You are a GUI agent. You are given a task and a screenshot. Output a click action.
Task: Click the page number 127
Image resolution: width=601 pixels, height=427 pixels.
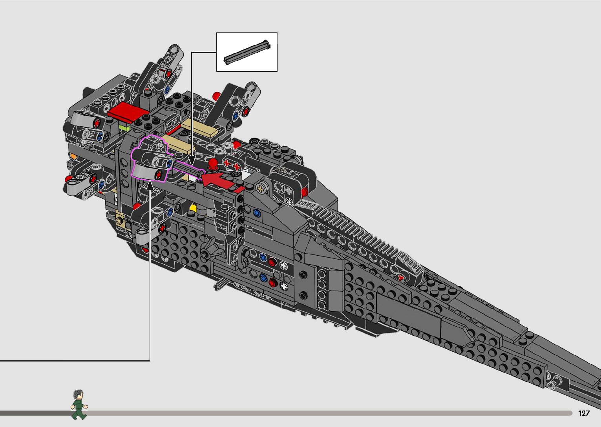tap(584, 413)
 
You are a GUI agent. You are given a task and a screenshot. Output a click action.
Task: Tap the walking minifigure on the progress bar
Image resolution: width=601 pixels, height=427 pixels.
tap(79, 405)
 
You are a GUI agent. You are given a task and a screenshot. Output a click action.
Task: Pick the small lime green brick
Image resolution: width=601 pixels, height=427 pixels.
tap(124, 128)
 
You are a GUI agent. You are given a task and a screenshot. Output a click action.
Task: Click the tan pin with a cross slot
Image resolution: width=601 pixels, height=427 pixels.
tap(261, 189)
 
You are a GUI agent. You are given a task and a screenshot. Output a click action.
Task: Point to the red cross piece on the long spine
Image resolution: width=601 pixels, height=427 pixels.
tap(400, 278)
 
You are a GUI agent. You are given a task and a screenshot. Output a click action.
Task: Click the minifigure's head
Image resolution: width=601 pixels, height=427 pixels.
tap(78, 394)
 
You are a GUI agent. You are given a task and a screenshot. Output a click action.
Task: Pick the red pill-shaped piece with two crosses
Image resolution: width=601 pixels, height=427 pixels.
tap(232, 165)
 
